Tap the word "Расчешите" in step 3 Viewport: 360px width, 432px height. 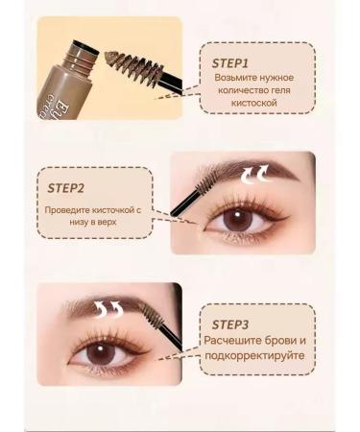(x=235, y=343)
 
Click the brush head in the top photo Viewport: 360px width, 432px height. (x=141, y=68)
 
